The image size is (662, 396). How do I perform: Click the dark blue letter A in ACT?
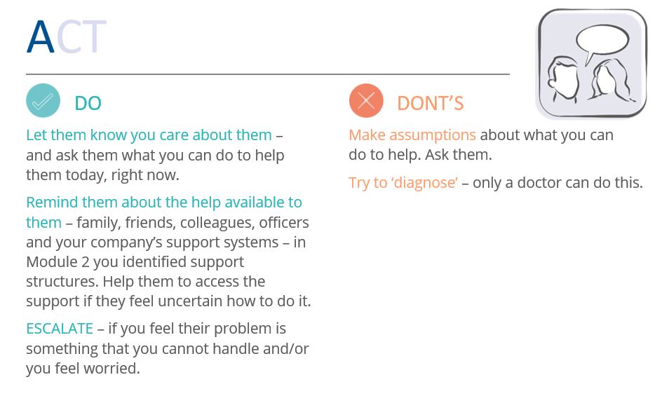(41, 36)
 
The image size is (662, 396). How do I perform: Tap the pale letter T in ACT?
(94, 36)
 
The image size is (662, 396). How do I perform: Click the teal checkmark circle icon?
(43, 100)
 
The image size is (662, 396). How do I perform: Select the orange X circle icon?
(366, 100)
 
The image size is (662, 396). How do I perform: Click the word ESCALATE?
(60, 329)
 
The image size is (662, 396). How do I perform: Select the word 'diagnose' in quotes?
(424, 183)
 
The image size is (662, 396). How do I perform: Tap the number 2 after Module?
(86, 262)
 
